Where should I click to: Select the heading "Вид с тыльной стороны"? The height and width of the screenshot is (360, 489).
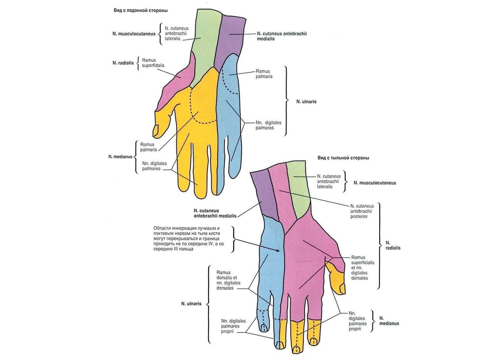(343, 158)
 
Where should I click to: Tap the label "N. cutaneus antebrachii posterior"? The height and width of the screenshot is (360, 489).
(362, 211)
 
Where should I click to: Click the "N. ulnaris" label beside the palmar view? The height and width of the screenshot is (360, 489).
(306, 102)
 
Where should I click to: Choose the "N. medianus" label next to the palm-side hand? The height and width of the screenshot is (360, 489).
(120, 157)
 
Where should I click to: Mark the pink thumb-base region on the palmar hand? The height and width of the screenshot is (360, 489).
(176, 82)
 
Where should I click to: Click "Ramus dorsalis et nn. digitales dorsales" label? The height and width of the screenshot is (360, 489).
(228, 280)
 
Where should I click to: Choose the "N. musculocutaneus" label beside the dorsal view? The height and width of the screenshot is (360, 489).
(375, 183)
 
